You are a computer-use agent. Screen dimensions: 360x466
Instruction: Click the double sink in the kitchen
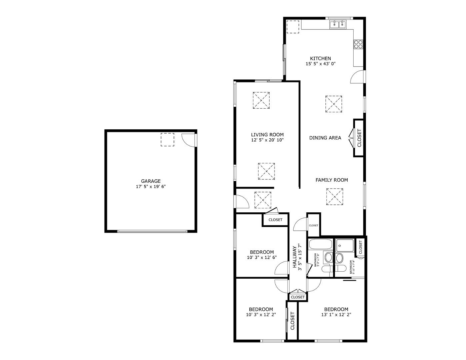point(338,24)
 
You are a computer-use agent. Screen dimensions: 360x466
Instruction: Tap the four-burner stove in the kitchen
point(358,44)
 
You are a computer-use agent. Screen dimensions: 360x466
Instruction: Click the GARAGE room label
point(151,181)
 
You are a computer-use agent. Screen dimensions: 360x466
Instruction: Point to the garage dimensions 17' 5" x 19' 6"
point(151,187)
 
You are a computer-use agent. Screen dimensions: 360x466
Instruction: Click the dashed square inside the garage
point(167,139)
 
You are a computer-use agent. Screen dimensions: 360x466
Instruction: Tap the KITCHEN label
point(320,58)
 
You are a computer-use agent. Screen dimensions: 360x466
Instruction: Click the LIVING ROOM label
point(267,135)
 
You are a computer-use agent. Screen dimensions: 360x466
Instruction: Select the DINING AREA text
point(325,138)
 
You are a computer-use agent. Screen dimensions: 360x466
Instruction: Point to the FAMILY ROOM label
point(332,180)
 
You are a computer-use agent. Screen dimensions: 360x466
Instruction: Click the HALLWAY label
point(295,257)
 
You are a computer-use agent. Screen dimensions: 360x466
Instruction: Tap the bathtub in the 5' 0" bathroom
point(320,244)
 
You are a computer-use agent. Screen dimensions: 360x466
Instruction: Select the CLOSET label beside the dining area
point(359,138)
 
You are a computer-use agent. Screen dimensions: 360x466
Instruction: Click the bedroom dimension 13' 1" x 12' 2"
point(336,314)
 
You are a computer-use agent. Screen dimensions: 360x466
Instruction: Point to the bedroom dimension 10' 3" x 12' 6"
point(262,257)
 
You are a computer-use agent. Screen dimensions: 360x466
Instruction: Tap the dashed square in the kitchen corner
point(294,27)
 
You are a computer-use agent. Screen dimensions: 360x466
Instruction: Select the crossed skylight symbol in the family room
point(335,197)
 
